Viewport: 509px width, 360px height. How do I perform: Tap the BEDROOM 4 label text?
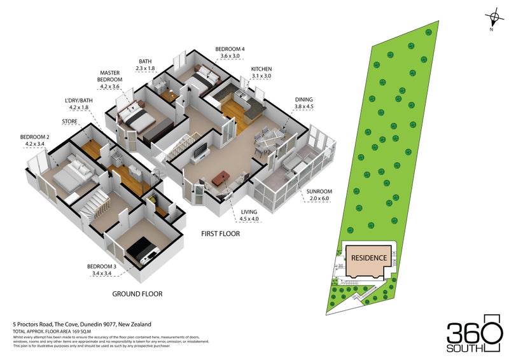pos(230,50)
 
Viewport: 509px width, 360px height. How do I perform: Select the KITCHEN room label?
pos(261,69)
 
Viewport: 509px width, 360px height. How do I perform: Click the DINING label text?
pos(303,100)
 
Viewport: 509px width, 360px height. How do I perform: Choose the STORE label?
pos(69,121)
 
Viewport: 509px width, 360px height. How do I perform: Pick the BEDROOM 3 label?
pos(102,267)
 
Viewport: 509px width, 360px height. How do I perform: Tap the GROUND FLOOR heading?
pos(137,294)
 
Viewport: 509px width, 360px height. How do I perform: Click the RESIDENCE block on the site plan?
pos(369,258)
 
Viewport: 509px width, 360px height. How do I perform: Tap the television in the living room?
pos(200,151)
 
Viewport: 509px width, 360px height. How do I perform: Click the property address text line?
pos(82,324)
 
